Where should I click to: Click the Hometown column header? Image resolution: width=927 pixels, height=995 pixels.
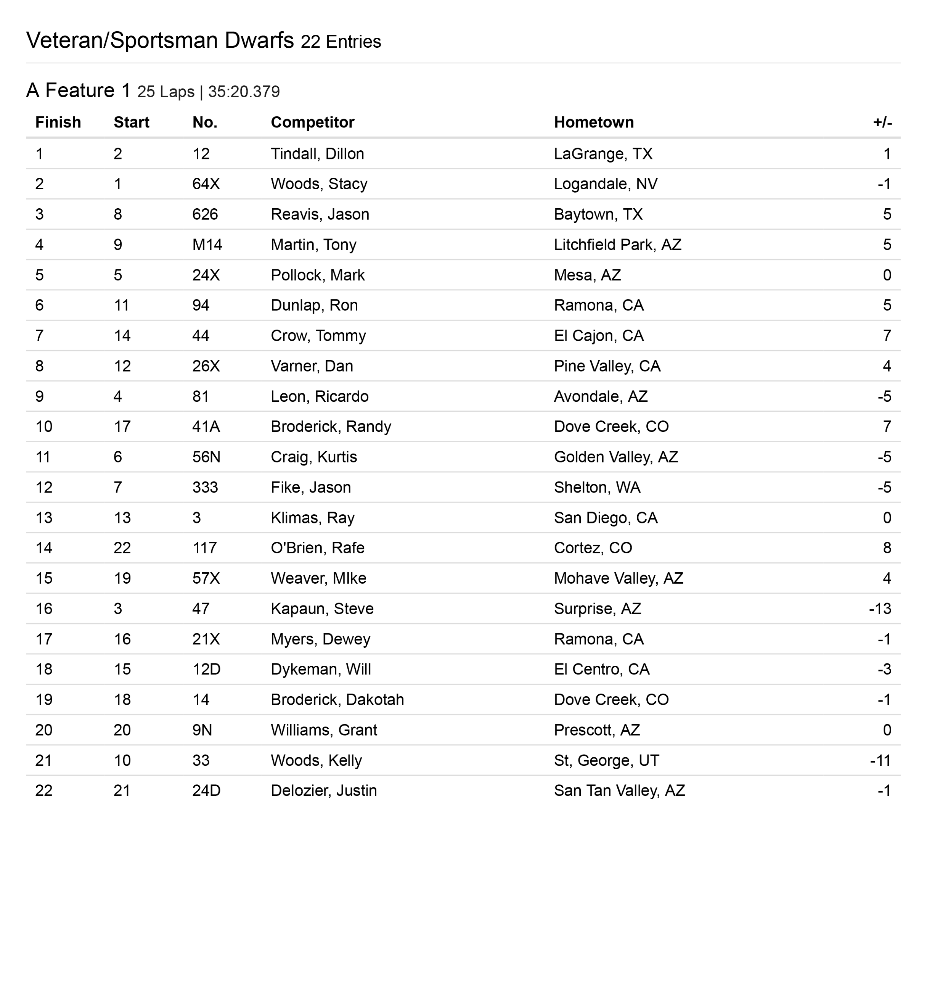coord(593,122)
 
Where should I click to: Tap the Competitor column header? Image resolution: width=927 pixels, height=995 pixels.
coord(312,122)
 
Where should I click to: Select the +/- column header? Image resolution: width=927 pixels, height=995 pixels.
coord(882,122)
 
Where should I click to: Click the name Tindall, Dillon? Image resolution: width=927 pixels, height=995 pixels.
coord(317,154)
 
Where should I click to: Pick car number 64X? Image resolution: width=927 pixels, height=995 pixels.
coord(206,184)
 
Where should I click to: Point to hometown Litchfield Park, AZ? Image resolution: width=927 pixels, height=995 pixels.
coord(617,245)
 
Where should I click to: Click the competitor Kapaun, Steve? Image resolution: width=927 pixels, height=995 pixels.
coord(322,609)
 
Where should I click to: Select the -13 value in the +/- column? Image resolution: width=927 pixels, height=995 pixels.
coord(880,609)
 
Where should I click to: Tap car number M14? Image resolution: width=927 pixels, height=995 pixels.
coord(207,245)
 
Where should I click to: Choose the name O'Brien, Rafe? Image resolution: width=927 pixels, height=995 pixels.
coord(318,548)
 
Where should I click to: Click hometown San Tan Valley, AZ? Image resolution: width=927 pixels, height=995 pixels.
coord(619,791)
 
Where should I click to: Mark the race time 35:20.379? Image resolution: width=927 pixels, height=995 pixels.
coord(244,92)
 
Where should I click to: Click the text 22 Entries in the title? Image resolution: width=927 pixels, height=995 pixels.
coord(341,42)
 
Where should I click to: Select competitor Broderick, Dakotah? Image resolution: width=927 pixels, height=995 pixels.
coord(337,700)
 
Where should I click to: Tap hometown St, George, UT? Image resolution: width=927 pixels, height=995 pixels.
coord(606,760)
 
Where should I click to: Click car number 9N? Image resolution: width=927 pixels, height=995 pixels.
coord(202,730)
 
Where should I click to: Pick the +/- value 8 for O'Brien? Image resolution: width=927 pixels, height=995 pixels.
coord(887,548)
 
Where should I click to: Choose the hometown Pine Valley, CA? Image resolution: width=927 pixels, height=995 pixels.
coord(607,366)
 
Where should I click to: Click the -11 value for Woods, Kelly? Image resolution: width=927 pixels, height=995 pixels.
coord(880,760)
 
